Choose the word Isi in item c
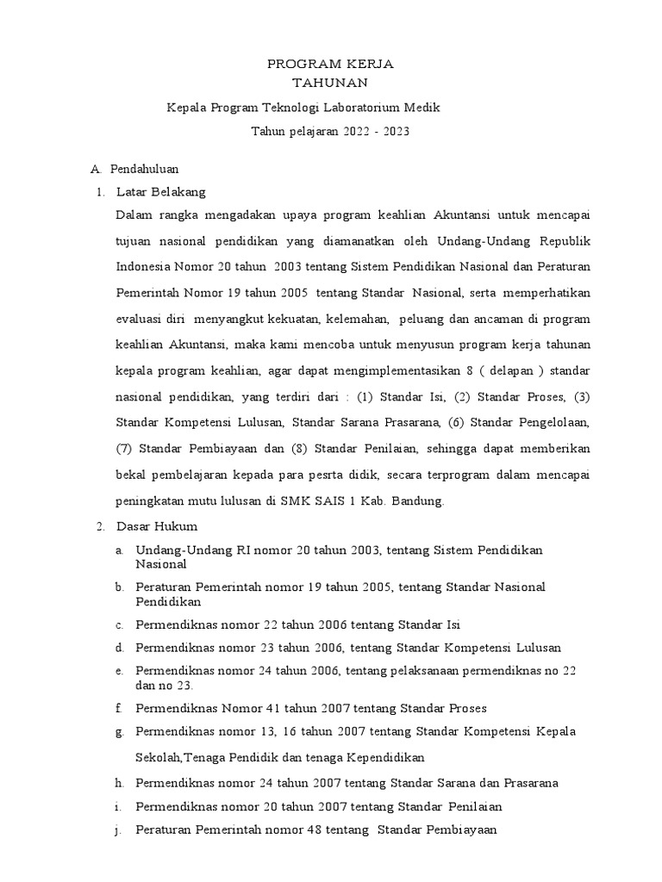[464, 624]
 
